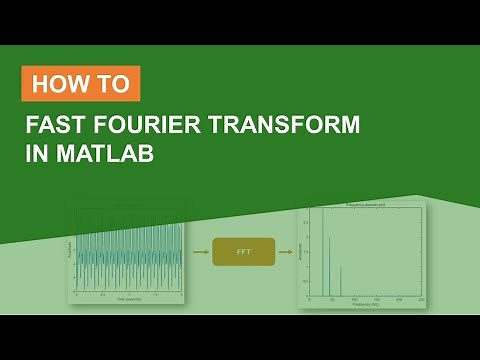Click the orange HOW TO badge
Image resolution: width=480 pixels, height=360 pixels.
tap(81, 84)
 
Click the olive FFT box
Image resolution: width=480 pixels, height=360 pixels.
tap(242, 252)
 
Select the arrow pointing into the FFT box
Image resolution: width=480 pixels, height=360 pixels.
tap(198, 252)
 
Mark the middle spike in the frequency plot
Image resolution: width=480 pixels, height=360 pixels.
tap(330, 265)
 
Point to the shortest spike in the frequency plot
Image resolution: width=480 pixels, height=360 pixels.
tap(341, 281)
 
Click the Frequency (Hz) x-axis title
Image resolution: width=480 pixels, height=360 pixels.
tap(366, 305)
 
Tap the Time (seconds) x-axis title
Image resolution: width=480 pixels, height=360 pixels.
tap(128, 299)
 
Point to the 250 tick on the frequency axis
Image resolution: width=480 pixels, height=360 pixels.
tap(422, 299)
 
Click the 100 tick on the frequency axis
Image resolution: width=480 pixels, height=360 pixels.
tap(354, 299)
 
